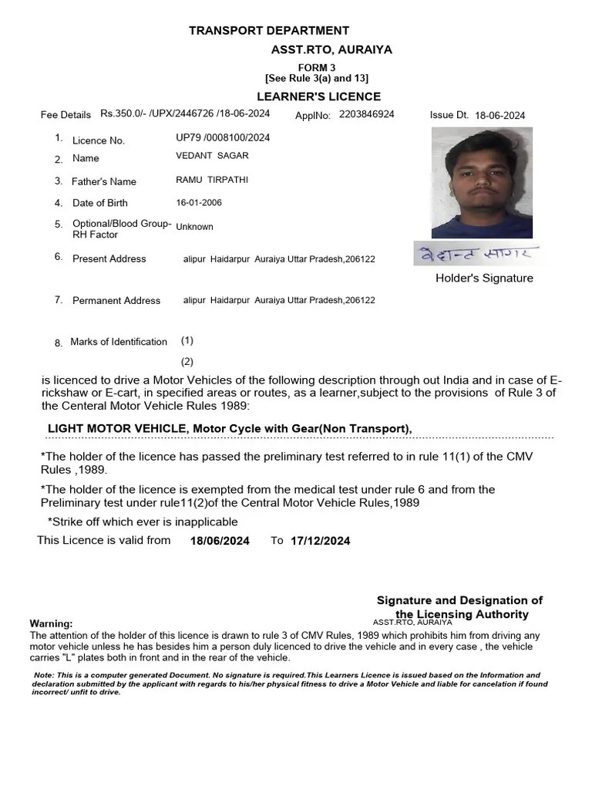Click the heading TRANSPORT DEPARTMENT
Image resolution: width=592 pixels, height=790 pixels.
click(269, 31)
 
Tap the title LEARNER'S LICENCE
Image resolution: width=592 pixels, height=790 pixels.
click(318, 96)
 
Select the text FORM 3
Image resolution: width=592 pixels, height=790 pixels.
click(317, 68)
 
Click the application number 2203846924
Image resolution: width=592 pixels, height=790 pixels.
click(367, 114)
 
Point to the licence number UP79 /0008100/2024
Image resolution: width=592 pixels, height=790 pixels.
click(223, 138)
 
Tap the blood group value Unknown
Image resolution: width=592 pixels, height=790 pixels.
click(194, 227)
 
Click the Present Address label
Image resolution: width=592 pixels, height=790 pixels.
click(109, 259)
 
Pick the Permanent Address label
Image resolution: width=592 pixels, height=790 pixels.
click(116, 301)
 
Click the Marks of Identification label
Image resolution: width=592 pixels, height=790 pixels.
click(118, 342)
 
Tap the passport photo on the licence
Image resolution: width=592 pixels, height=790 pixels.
click(481, 182)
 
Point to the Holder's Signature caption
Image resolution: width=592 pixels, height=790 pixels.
click(484, 279)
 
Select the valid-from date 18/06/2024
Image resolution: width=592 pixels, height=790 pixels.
click(220, 541)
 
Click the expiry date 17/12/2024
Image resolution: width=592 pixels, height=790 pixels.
click(320, 541)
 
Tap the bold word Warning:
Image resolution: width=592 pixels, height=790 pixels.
click(51, 623)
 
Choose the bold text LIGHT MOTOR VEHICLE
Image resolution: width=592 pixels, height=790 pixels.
click(117, 429)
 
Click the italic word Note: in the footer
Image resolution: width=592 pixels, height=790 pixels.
click(45, 675)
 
